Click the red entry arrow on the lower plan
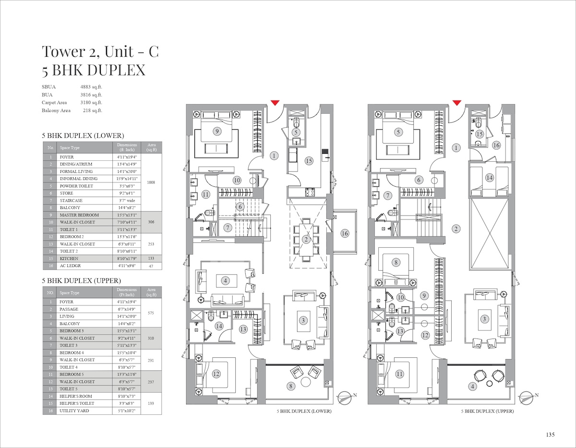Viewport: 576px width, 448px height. [x=275, y=103]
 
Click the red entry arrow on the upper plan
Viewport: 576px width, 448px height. [x=456, y=103]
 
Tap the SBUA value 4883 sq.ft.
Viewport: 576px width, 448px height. [x=91, y=87]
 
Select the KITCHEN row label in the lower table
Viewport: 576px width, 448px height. [x=69, y=258]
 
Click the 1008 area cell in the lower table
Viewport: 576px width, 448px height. [x=151, y=182]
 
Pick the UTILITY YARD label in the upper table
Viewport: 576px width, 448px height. [x=74, y=411]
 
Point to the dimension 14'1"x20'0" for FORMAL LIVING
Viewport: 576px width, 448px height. [x=127, y=171]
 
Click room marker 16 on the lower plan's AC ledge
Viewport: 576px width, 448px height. [x=345, y=233]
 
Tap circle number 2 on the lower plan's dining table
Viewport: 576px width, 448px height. [x=306, y=240]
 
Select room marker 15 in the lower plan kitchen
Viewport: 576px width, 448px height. [x=309, y=161]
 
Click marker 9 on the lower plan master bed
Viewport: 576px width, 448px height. [x=217, y=131]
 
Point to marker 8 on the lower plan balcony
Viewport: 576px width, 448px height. [x=291, y=386]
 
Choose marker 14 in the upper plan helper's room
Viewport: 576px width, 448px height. [x=489, y=178]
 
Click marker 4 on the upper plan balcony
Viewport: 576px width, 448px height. [x=472, y=387]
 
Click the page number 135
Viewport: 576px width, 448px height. [x=550, y=435]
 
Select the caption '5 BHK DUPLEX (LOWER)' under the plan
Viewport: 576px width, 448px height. [x=304, y=411]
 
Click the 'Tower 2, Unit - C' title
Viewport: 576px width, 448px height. [x=100, y=51]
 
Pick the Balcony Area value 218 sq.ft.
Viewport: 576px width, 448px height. [x=93, y=110]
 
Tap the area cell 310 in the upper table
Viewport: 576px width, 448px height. [x=151, y=338]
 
